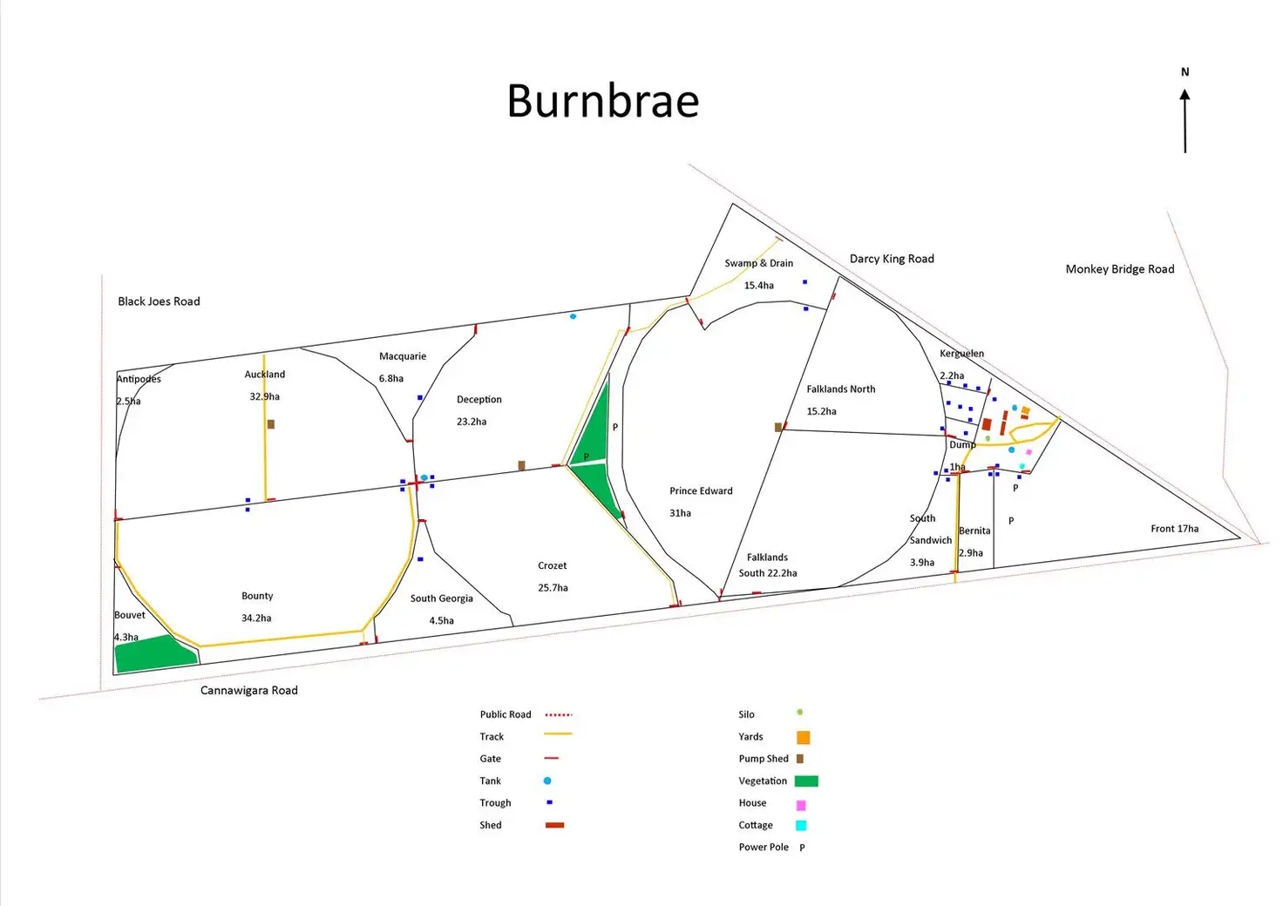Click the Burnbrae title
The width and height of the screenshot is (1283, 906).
[603, 101]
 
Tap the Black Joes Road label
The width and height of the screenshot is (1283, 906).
[159, 301]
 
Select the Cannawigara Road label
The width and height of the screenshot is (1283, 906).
[249, 690]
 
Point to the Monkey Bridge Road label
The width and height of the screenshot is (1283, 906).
[1119, 269]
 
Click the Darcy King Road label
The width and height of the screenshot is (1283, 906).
[892, 259]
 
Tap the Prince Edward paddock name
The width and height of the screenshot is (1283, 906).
[701, 491]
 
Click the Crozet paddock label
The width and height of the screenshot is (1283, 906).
[553, 566]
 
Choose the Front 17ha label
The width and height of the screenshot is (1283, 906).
[1174, 529]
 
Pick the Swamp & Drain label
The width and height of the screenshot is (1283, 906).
[758, 263]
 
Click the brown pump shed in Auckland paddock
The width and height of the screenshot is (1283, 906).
[271, 424]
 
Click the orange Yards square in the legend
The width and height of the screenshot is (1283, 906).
[804, 737]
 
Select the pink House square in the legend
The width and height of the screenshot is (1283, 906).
[801, 805]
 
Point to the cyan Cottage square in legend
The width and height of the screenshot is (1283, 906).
[801, 825]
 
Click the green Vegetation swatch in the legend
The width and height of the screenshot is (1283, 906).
[806, 781]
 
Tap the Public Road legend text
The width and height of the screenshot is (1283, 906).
[505, 714]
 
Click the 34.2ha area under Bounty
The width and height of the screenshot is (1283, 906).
[256, 619]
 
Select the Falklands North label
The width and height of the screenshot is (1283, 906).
[840, 389]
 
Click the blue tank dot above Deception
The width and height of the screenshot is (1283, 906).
[573, 316]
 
